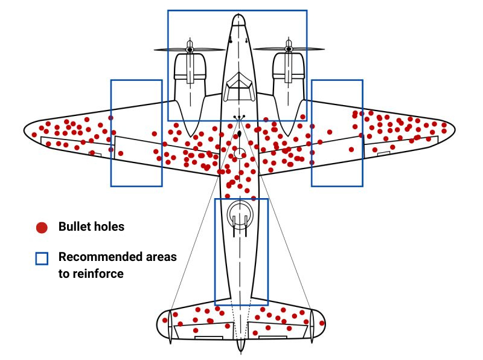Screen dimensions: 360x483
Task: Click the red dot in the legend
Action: click(x=41, y=228)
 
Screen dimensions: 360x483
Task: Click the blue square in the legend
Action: click(x=41, y=259)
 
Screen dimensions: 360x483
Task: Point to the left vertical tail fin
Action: click(x=170, y=327)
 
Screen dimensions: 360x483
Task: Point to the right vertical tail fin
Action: click(x=312, y=327)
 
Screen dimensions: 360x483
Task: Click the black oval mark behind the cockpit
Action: click(x=240, y=133)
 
